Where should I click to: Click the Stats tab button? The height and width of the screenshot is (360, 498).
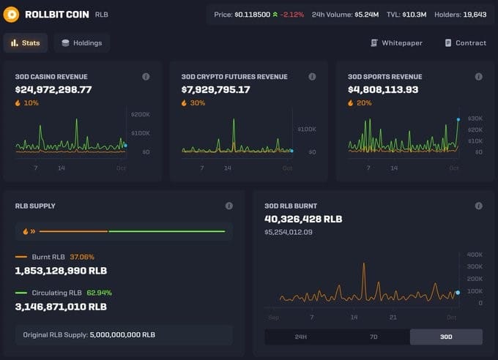(26, 43)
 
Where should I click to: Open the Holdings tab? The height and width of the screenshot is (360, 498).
(81, 43)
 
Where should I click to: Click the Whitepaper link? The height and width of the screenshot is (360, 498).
(396, 43)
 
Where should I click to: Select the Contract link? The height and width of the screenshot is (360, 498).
(465, 43)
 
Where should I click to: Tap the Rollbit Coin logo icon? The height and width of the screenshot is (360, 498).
(11, 15)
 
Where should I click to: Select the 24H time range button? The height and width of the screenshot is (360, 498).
(300, 337)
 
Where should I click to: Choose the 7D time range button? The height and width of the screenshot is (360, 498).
(373, 337)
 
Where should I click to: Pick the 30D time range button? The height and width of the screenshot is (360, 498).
(446, 337)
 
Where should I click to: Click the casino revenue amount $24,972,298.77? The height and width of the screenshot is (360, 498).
(53, 90)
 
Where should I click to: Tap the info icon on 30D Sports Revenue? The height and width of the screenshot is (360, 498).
(478, 77)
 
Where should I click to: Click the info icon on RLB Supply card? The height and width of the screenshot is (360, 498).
(229, 206)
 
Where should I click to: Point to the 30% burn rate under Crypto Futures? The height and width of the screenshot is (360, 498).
(198, 103)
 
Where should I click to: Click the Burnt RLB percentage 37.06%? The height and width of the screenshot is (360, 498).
(82, 257)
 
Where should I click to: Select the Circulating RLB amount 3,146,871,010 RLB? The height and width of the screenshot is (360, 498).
(61, 307)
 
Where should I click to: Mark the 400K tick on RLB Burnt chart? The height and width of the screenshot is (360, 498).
(474, 255)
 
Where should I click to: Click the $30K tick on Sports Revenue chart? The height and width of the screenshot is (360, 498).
(475, 119)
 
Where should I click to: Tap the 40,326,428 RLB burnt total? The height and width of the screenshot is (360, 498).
(303, 219)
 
